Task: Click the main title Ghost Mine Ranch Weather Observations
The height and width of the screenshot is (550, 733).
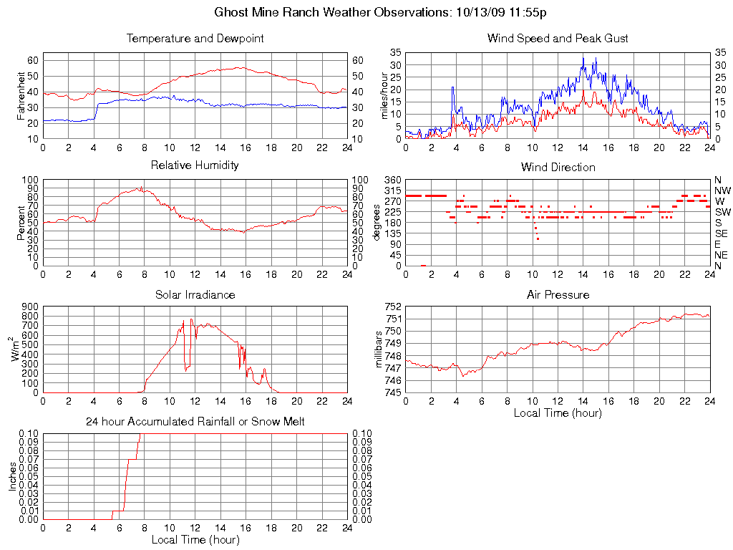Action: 381,12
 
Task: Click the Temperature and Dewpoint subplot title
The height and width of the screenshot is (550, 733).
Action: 195,39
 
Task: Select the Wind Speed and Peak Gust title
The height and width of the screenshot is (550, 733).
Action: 558,39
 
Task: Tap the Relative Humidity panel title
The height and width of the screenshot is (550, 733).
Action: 195,165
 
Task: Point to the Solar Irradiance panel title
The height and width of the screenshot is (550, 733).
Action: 195,294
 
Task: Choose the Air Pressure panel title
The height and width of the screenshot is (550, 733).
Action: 558,294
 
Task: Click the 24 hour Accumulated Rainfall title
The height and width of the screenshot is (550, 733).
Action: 195,422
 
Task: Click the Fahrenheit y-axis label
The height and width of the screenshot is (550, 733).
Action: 21,96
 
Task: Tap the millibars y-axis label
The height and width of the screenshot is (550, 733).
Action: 380,349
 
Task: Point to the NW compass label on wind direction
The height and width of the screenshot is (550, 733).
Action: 722,190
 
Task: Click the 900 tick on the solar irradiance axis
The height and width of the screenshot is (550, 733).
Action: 30,307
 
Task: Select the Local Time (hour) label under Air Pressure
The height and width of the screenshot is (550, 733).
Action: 558,413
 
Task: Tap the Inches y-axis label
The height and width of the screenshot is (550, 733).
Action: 12,476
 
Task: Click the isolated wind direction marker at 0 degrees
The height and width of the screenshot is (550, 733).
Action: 423,266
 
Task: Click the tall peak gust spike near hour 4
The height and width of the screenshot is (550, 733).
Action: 452,87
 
